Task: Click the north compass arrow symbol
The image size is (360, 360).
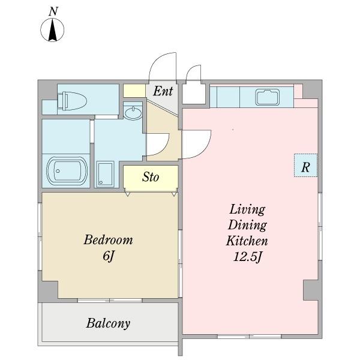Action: [x=53, y=30]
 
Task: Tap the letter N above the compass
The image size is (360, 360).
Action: [x=53, y=11]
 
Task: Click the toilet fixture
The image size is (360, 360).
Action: [x=72, y=101]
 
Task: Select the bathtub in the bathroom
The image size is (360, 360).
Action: [x=67, y=170]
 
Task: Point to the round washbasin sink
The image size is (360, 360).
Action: [x=133, y=113]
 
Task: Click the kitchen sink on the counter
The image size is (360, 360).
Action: [x=267, y=97]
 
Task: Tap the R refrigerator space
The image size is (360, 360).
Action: [x=305, y=166]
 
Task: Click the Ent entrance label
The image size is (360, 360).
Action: [x=163, y=91]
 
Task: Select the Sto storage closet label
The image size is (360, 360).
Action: [x=151, y=177]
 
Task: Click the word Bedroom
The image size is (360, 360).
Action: [x=108, y=240]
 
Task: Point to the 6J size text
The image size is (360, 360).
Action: [x=109, y=256]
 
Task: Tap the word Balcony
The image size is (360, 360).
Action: [x=109, y=323]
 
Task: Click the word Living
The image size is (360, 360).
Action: [x=247, y=209]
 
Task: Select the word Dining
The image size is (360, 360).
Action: [x=247, y=225]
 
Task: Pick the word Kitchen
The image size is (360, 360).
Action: [x=247, y=241]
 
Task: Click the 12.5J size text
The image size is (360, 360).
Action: [x=247, y=257]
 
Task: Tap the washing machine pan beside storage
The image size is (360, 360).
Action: [x=106, y=174]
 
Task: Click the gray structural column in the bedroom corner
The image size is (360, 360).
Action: [x=48, y=292]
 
